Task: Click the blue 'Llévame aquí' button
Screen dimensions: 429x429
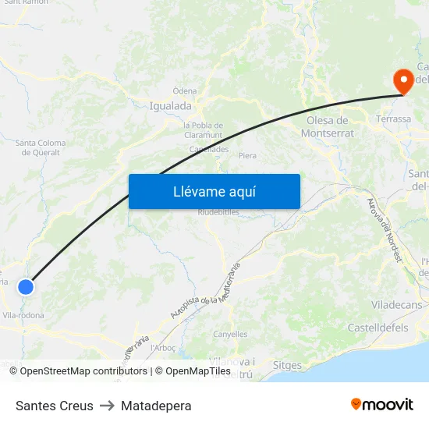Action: tap(214, 191)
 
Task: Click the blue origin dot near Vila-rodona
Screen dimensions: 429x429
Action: tap(26, 287)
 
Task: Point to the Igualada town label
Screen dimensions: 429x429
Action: tap(170, 106)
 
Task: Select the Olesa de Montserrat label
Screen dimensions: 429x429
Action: tap(328, 126)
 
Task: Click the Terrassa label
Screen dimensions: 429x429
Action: tap(393, 119)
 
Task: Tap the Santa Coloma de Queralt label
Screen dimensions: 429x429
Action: tap(41, 147)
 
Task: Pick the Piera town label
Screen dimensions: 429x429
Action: tap(247, 156)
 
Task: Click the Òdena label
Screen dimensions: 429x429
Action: tap(185, 91)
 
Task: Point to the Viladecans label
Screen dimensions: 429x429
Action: tap(397, 304)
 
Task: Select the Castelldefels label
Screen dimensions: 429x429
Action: tap(378, 328)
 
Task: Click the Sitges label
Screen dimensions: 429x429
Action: tap(288, 365)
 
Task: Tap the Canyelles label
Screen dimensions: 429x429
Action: tap(230, 335)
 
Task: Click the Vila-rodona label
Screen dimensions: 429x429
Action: tap(23, 315)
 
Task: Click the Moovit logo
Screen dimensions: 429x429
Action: tap(381, 404)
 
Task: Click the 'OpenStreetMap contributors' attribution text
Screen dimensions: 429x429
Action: tap(80, 371)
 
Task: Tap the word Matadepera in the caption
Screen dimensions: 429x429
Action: tap(156, 406)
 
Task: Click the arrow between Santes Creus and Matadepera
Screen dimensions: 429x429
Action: tap(107, 406)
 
